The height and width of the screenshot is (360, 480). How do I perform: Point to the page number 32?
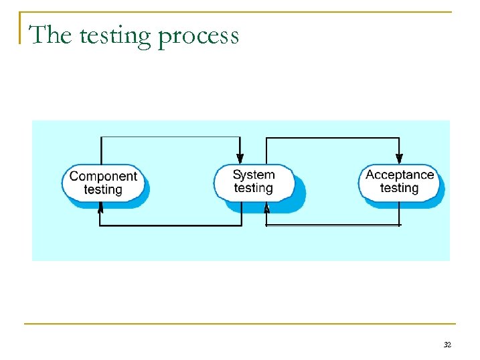click(x=447, y=345)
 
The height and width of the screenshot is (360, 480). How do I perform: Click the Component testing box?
click(x=103, y=183)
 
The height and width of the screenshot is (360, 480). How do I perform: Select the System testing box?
click(x=254, y=181)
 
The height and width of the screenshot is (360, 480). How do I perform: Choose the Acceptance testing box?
click(x=400, y=181)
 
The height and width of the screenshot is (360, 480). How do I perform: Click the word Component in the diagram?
click(x=103, y=177)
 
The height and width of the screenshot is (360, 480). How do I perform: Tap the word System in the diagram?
click(x=254, y=175)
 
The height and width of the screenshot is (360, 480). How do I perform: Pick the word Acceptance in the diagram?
click(x=400, y=175)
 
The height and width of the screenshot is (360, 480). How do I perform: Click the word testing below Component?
click(x=103, y=189)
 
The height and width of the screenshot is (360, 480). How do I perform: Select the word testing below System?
click(x=254, y=188)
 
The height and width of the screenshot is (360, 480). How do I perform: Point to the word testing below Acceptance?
click(x=400, y=188)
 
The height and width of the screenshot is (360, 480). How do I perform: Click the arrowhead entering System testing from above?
click(x=240, y=159)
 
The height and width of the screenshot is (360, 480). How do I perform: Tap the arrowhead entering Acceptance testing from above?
click(x=399, y=159)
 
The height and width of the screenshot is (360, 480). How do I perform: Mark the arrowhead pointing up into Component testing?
click(x=100, y=208)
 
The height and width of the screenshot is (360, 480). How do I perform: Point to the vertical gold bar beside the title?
click(x=20, y=28)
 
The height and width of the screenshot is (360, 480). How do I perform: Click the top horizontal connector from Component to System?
click(x=170, y=137)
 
